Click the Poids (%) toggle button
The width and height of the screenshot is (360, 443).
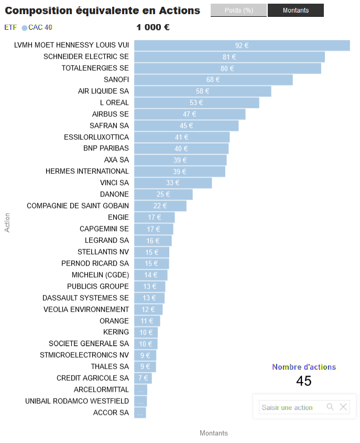[x=238, y=10]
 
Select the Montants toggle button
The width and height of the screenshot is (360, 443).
[x=296, y=10]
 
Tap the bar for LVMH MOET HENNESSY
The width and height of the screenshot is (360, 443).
[x=242, y=46]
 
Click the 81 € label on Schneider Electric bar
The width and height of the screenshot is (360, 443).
[x=230, y=57]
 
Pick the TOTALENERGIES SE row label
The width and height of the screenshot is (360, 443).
[x=95, y=68]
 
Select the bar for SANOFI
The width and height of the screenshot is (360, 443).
[x=213, y=80]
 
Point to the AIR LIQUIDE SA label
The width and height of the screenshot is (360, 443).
[x=103, y=91]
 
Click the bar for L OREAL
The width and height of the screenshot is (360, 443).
[x=197, y=103]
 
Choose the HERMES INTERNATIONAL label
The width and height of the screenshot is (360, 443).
[x=87, y=171]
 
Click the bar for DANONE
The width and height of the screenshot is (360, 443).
[x=163, y=194]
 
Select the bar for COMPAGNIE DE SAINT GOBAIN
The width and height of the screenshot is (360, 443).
[x=160, y=206]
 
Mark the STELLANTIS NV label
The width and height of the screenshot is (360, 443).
[x=103, y=252]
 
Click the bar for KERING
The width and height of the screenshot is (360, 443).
[x=146, y=332]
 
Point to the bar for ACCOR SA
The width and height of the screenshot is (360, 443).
[x=140, y=413]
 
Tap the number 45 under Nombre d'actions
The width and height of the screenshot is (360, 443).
[x=304, y=381]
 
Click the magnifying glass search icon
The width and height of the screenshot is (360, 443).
[x=330, y=407]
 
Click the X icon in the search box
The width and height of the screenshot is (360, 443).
[x=343, y=407]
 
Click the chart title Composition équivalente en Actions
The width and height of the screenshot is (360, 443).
[x=102, y=10]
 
